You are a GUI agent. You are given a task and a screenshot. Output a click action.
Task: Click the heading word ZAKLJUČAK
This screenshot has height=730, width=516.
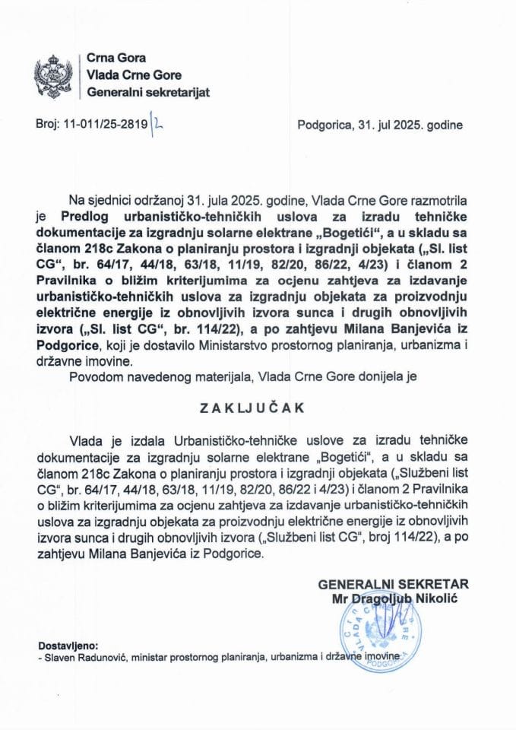pyautogui.click(x=258, y=408)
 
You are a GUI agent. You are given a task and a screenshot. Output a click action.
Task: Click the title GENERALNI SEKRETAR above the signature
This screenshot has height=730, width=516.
pyautogui.click(x=394, y=584)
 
